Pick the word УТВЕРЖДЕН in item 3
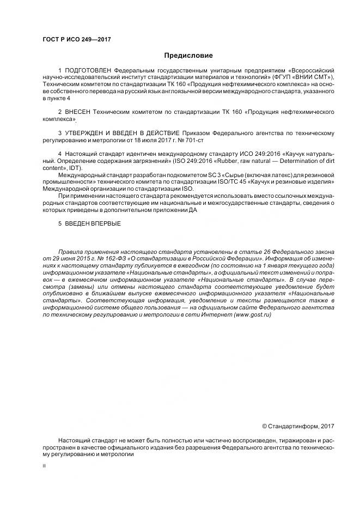(x=87, y=133)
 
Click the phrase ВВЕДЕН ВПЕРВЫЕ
(x=93, y=223)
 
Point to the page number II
(x=44, y=466)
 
